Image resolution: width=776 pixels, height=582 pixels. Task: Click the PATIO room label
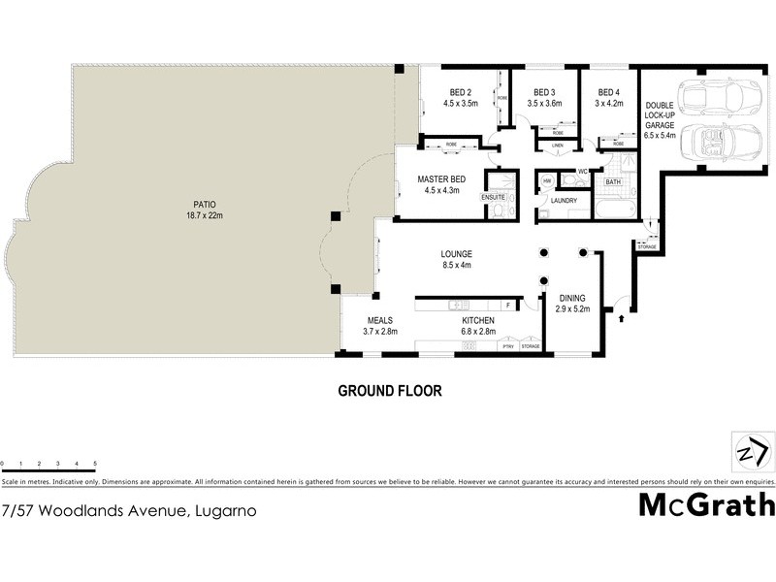tap(204, 205)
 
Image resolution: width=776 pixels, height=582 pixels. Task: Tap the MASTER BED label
tap(444, 179)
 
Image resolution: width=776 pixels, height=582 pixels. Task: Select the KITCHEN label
tap(478, 320)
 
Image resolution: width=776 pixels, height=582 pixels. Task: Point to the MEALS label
tap(379, 320)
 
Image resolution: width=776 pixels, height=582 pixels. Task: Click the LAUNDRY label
tap(564, 202)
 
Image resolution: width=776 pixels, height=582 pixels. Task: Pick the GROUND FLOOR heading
tap(389, 392)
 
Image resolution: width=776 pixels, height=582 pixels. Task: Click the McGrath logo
tap(706, 506)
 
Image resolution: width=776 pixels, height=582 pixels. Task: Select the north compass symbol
tap(752, 452)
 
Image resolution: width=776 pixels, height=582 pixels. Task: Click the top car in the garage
tap(707, 96)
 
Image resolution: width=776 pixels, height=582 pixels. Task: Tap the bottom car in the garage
tap(707, 144)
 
